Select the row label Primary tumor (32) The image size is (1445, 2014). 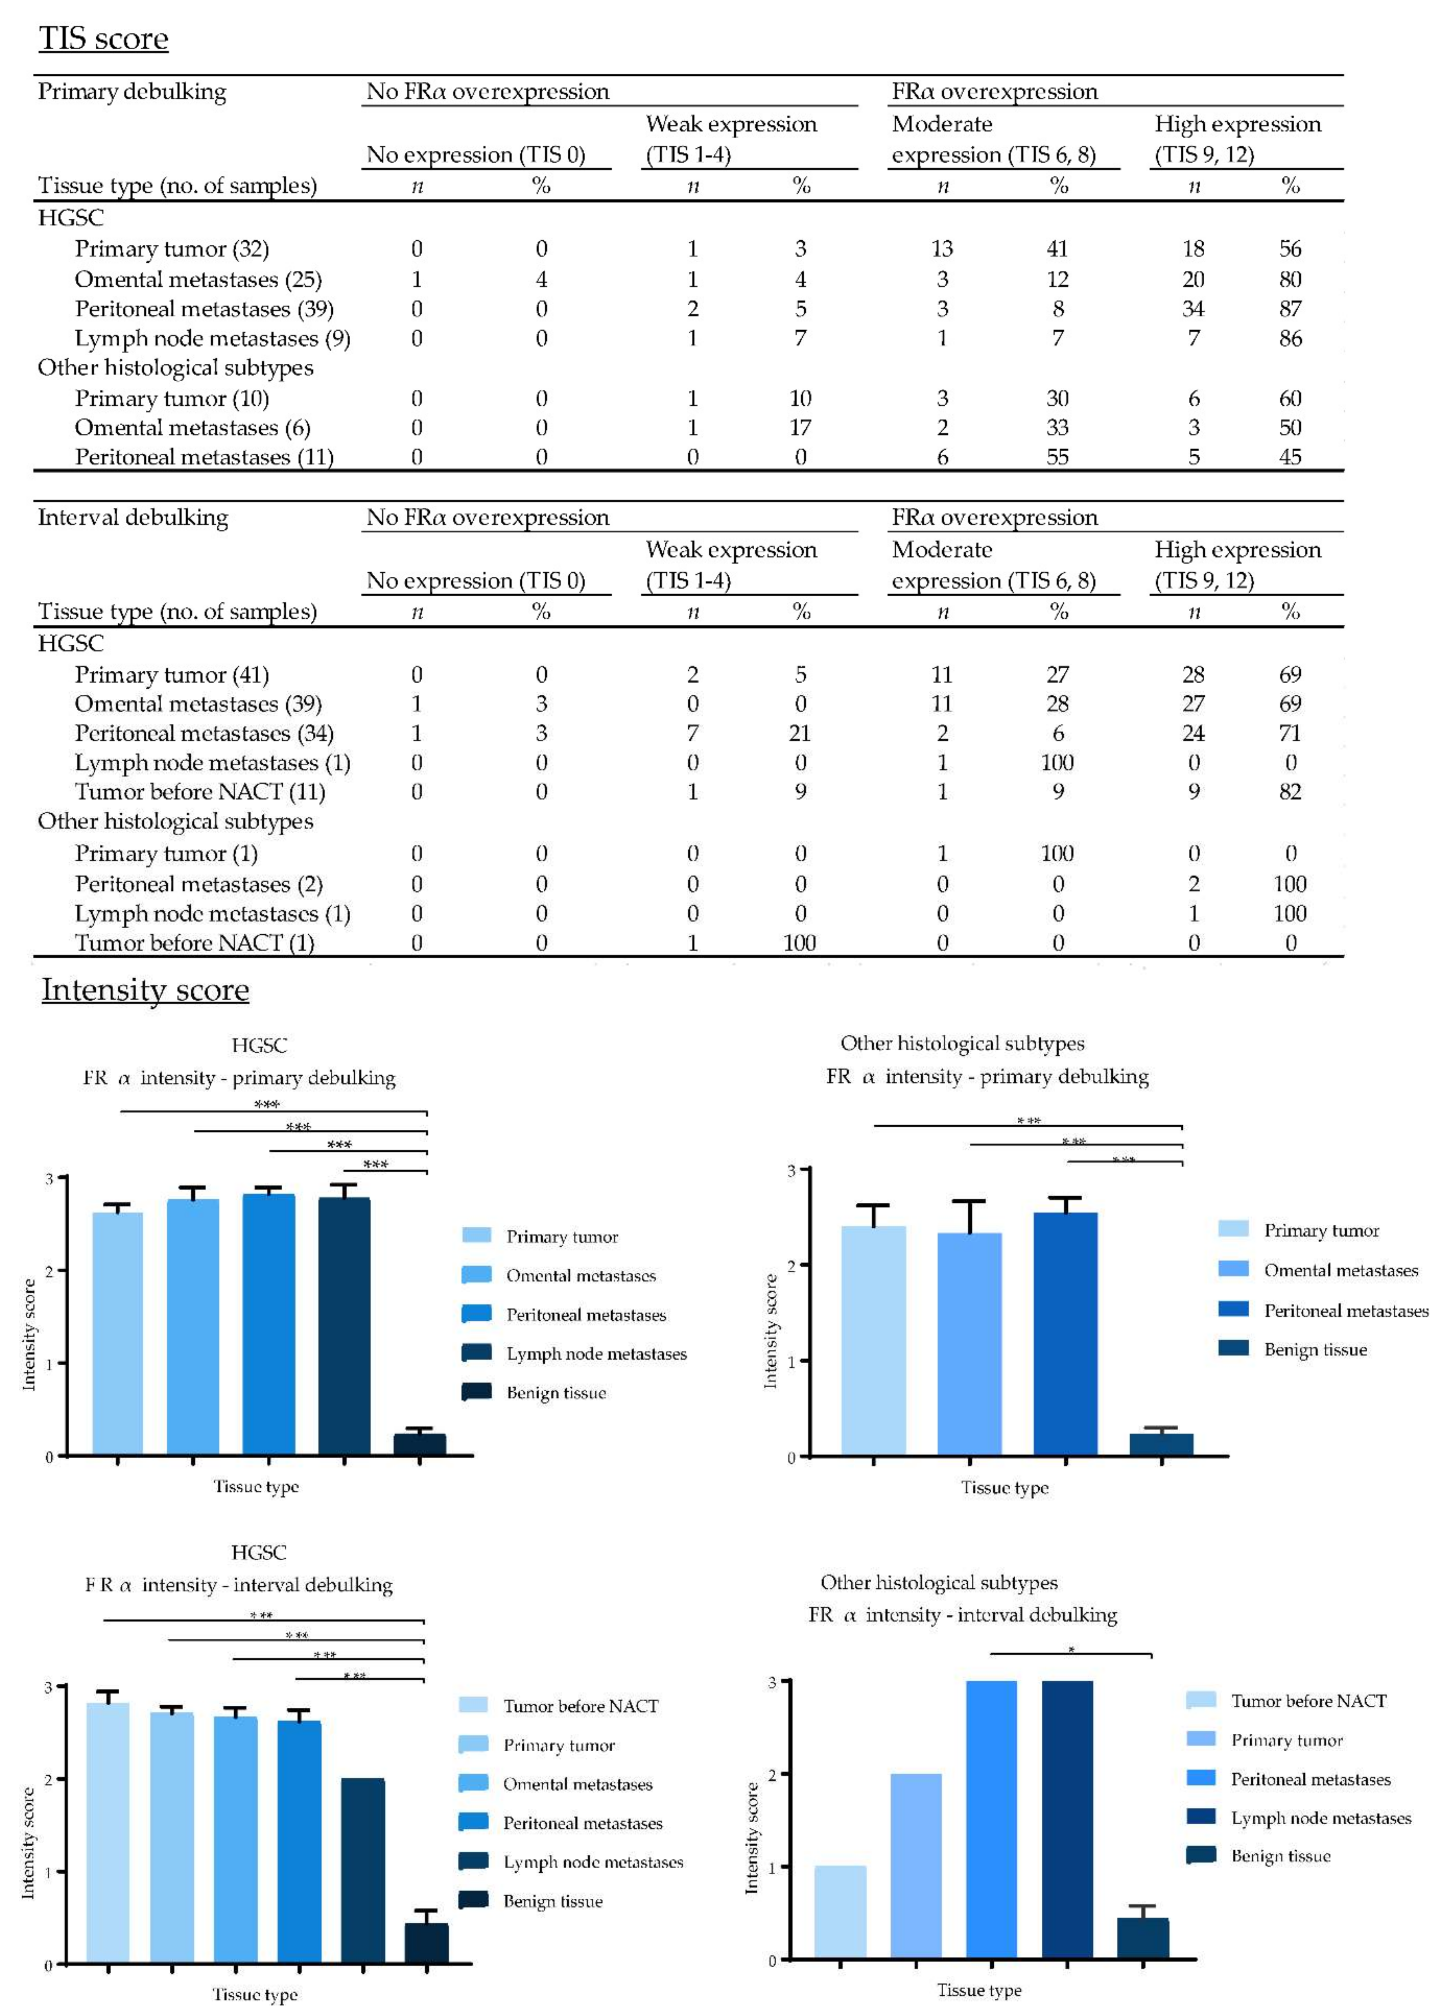[x=171, y=248]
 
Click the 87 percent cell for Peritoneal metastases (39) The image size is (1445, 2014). [x=1289, y=309]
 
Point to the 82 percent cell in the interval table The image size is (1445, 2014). [x=1289, y=792]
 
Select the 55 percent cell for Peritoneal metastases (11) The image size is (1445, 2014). [x=1057, y=457]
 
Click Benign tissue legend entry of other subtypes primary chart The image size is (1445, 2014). [x=1314, y=1350]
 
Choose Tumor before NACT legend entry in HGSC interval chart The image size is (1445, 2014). [x=580, y=1706]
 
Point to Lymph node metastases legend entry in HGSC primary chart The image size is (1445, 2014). [x=596, y=1353]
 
